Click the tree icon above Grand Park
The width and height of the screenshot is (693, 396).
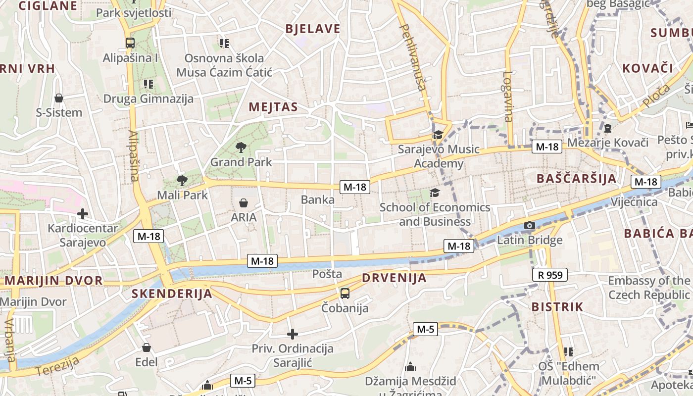241,147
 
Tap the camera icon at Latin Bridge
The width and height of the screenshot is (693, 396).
530,226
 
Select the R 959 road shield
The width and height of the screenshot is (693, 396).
550,275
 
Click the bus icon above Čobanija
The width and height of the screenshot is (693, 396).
345,294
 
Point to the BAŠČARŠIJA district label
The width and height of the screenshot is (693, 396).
577,179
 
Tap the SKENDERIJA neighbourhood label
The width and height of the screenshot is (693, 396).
172,294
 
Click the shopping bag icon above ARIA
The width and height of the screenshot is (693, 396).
244,203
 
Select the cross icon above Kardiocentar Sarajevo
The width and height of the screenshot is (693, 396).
83,214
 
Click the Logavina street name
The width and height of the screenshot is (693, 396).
507,97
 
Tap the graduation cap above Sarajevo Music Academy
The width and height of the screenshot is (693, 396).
438,135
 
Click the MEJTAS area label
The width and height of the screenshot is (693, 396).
273,107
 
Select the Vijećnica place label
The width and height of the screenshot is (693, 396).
634,202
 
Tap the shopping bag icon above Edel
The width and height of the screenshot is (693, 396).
146,347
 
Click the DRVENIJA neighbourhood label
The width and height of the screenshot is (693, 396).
394,278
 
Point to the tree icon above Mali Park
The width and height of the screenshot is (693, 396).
182,181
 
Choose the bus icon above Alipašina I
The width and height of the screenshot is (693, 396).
130,43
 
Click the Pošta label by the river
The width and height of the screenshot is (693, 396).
327,274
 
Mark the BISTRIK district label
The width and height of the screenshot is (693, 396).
557,307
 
